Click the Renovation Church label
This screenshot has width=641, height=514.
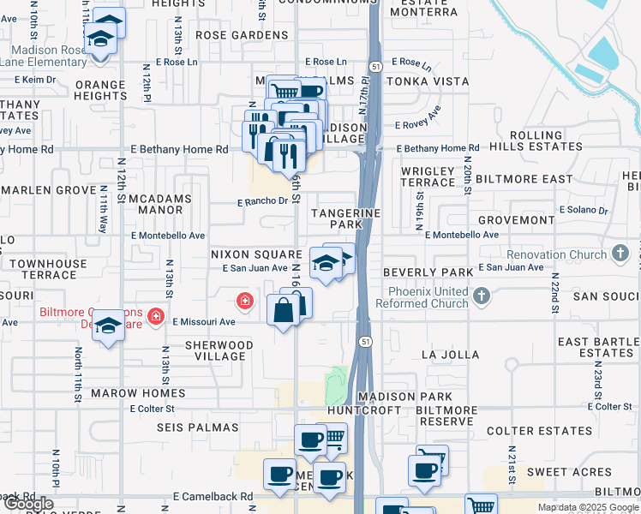(556, 254)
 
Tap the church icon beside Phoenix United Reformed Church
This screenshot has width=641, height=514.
(482, 296)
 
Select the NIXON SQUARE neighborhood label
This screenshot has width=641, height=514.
(255, 254)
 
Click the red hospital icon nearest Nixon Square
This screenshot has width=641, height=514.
(245, 300)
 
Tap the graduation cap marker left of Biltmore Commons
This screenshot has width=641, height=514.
(108, 326)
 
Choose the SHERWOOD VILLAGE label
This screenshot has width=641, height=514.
(218, 351)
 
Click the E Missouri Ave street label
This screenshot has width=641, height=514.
(204, 322)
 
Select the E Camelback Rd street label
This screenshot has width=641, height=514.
(213, 496)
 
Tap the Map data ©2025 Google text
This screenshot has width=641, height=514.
(588, 507)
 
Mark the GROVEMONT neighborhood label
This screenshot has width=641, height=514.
(516, 220)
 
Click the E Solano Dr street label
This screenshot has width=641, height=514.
(583, 210)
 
